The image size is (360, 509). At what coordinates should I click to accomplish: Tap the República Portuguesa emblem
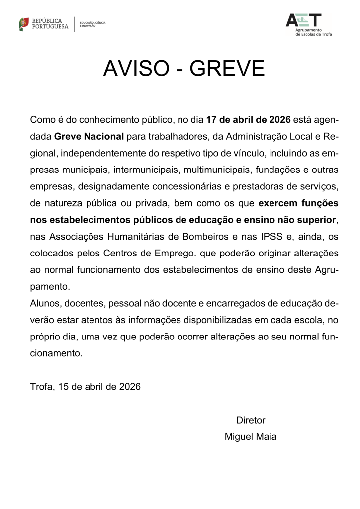(x=24, y=23)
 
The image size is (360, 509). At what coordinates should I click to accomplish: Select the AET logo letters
(x=303, y=20)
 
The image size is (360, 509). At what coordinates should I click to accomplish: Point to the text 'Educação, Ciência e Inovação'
(x=92, y=24)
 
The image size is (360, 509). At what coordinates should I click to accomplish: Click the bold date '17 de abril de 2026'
(x=248, y=120)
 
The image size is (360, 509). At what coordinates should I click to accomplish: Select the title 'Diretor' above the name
(x=251, y=420)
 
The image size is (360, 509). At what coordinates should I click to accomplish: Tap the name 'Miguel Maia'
(x=251, y=437)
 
